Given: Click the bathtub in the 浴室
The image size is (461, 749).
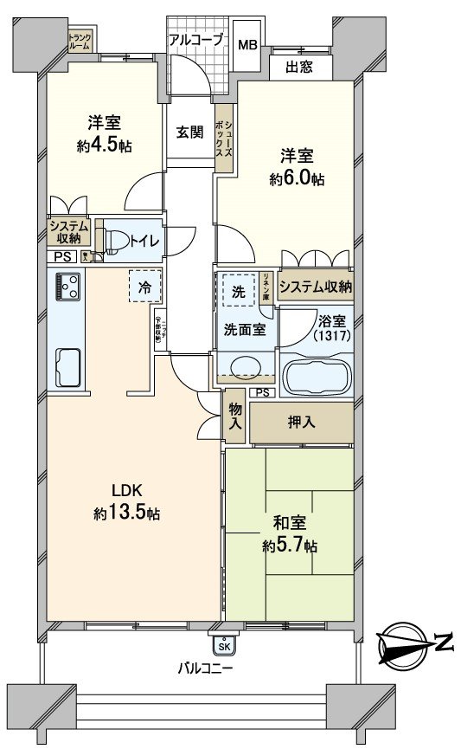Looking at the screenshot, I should (317, 376).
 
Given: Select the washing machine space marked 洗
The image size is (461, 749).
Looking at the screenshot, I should (237, 291).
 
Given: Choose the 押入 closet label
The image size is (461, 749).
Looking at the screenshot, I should (301, 423).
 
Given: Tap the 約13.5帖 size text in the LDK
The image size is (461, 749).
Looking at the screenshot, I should (127, 513).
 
